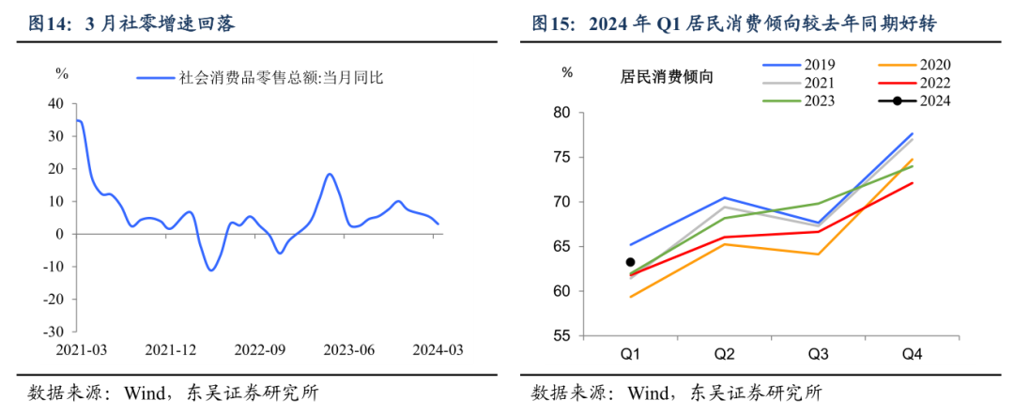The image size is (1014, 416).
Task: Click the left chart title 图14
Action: click(132, 23)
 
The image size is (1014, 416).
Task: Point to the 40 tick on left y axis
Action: click(55, 103)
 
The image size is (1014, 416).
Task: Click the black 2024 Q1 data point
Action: click(630, 262)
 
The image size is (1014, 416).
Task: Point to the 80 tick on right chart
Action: click(561, 113)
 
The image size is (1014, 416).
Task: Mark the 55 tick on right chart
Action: click(561, 335)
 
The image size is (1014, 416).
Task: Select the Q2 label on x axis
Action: click(723, 354)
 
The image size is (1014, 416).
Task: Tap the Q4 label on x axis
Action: click(912, 354)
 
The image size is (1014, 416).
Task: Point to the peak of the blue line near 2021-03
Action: click(79, 120)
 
